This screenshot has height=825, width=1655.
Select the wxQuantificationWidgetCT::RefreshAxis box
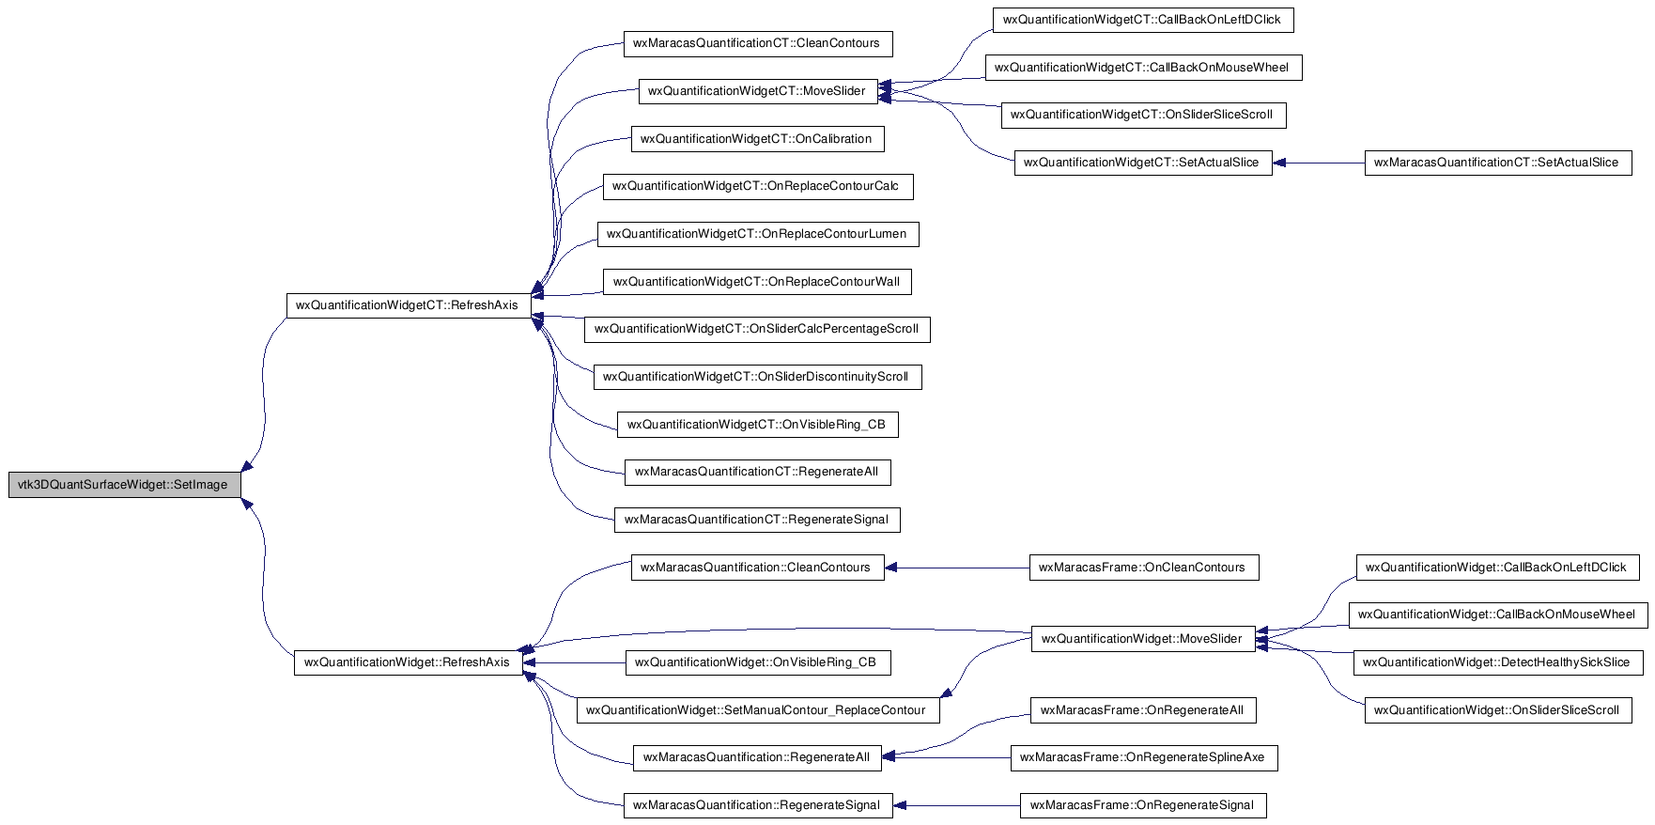(409, 305)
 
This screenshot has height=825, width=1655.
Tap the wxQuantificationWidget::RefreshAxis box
(409, 662)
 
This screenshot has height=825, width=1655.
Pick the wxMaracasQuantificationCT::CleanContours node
(757, 43)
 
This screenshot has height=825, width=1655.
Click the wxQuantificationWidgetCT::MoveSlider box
(758, 91)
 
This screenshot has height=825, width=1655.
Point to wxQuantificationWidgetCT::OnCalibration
(757, 139)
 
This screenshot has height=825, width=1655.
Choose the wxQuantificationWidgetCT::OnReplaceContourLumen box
(757, 234)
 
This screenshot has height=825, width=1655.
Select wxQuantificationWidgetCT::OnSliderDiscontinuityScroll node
(757, 377)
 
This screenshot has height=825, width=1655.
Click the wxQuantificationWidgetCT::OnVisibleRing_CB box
(757, 425)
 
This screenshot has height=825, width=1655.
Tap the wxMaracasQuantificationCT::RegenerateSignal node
(757, 520)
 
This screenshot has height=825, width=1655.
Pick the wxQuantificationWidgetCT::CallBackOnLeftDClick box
(1143, 20)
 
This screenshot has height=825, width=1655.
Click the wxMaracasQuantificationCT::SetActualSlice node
(1497, 163)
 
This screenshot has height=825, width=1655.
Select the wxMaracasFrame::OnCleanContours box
(1143, 568)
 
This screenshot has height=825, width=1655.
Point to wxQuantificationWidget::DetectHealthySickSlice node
(1497, 662)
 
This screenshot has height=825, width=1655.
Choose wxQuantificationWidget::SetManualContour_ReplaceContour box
(757, 710)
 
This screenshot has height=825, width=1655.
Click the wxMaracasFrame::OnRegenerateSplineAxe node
(1143, 757)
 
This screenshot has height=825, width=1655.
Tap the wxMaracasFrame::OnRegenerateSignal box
(1143, 805)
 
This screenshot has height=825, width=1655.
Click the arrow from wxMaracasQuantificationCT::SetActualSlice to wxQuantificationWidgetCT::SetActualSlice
(1319, 163)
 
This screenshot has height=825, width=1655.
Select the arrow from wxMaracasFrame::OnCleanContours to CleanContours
(957, 568)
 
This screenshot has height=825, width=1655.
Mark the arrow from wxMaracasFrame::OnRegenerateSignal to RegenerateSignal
(956, 805)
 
